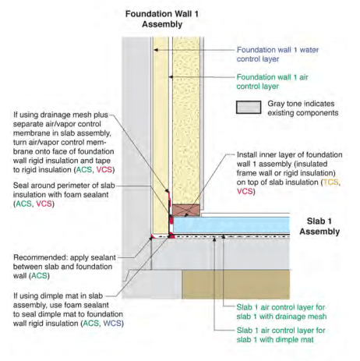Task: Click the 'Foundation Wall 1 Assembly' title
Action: point(162,19)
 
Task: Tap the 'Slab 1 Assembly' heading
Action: point(319,226)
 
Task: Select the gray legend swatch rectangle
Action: point(249,108)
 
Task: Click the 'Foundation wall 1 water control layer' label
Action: point(277,55)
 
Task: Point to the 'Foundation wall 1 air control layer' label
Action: point(272,82)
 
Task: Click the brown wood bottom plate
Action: point(186,210)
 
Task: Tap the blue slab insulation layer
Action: point(231,225)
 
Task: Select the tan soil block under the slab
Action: point(236,285)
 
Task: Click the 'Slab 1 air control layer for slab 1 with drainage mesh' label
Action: point(281,312)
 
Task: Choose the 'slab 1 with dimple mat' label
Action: point(275,339)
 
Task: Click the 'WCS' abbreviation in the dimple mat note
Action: point(112,324)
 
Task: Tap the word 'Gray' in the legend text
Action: point(276,104)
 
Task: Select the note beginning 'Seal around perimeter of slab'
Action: point(64,195)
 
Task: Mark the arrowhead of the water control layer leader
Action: point(155,50)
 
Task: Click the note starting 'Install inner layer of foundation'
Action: point(289,173)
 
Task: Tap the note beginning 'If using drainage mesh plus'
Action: point(64,142)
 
